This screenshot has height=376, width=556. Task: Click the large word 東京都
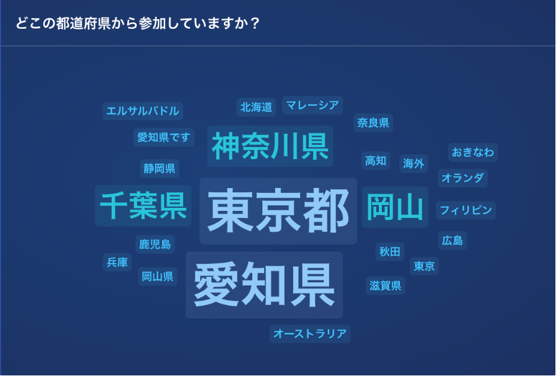pyautogui.click(x=278, y=211)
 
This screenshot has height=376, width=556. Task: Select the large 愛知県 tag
pyautogui.click(x=264, y=285)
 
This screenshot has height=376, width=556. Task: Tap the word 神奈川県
pyautogui.click(x=270, y=146)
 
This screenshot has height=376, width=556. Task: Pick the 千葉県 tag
pyautogui.click(x=144, y=206)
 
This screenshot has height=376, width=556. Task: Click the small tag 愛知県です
pyautogui.click(x=164, y=138)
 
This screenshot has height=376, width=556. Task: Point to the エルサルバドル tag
pyautogui.click(x=142, y=111)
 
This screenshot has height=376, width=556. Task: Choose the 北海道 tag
pyautogui.click(x=256, y=107)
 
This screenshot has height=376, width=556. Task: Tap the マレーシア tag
pyautogui.click(x=312, y=105)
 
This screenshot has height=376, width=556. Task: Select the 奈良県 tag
pyautogui.click(x=373, y=123)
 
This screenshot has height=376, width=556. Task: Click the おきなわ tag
pyautogui.click(x=473, y=152)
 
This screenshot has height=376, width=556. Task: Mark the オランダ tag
pyautogui.click(x=462, y=178)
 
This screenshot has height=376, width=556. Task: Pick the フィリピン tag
pyautogui.click(x=466, y=210)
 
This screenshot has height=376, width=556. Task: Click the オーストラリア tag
pyautogui.click(x=310, y=334)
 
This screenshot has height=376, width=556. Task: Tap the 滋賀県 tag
pyautogui.click(x=385, y=285)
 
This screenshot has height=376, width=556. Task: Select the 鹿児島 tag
pyautogui.click(x=155, y=244)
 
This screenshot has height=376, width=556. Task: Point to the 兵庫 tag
pyautogui.click(x=117, y=262)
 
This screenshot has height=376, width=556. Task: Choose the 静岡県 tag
pyautogui.click(x=160, y=168)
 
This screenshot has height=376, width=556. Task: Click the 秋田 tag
pyautogui.click(x=390, y=252)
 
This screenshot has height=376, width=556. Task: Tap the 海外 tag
pyautogui.click(x=414, y=163)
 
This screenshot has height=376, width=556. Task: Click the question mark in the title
pyautogui.click(x=255, y=23)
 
